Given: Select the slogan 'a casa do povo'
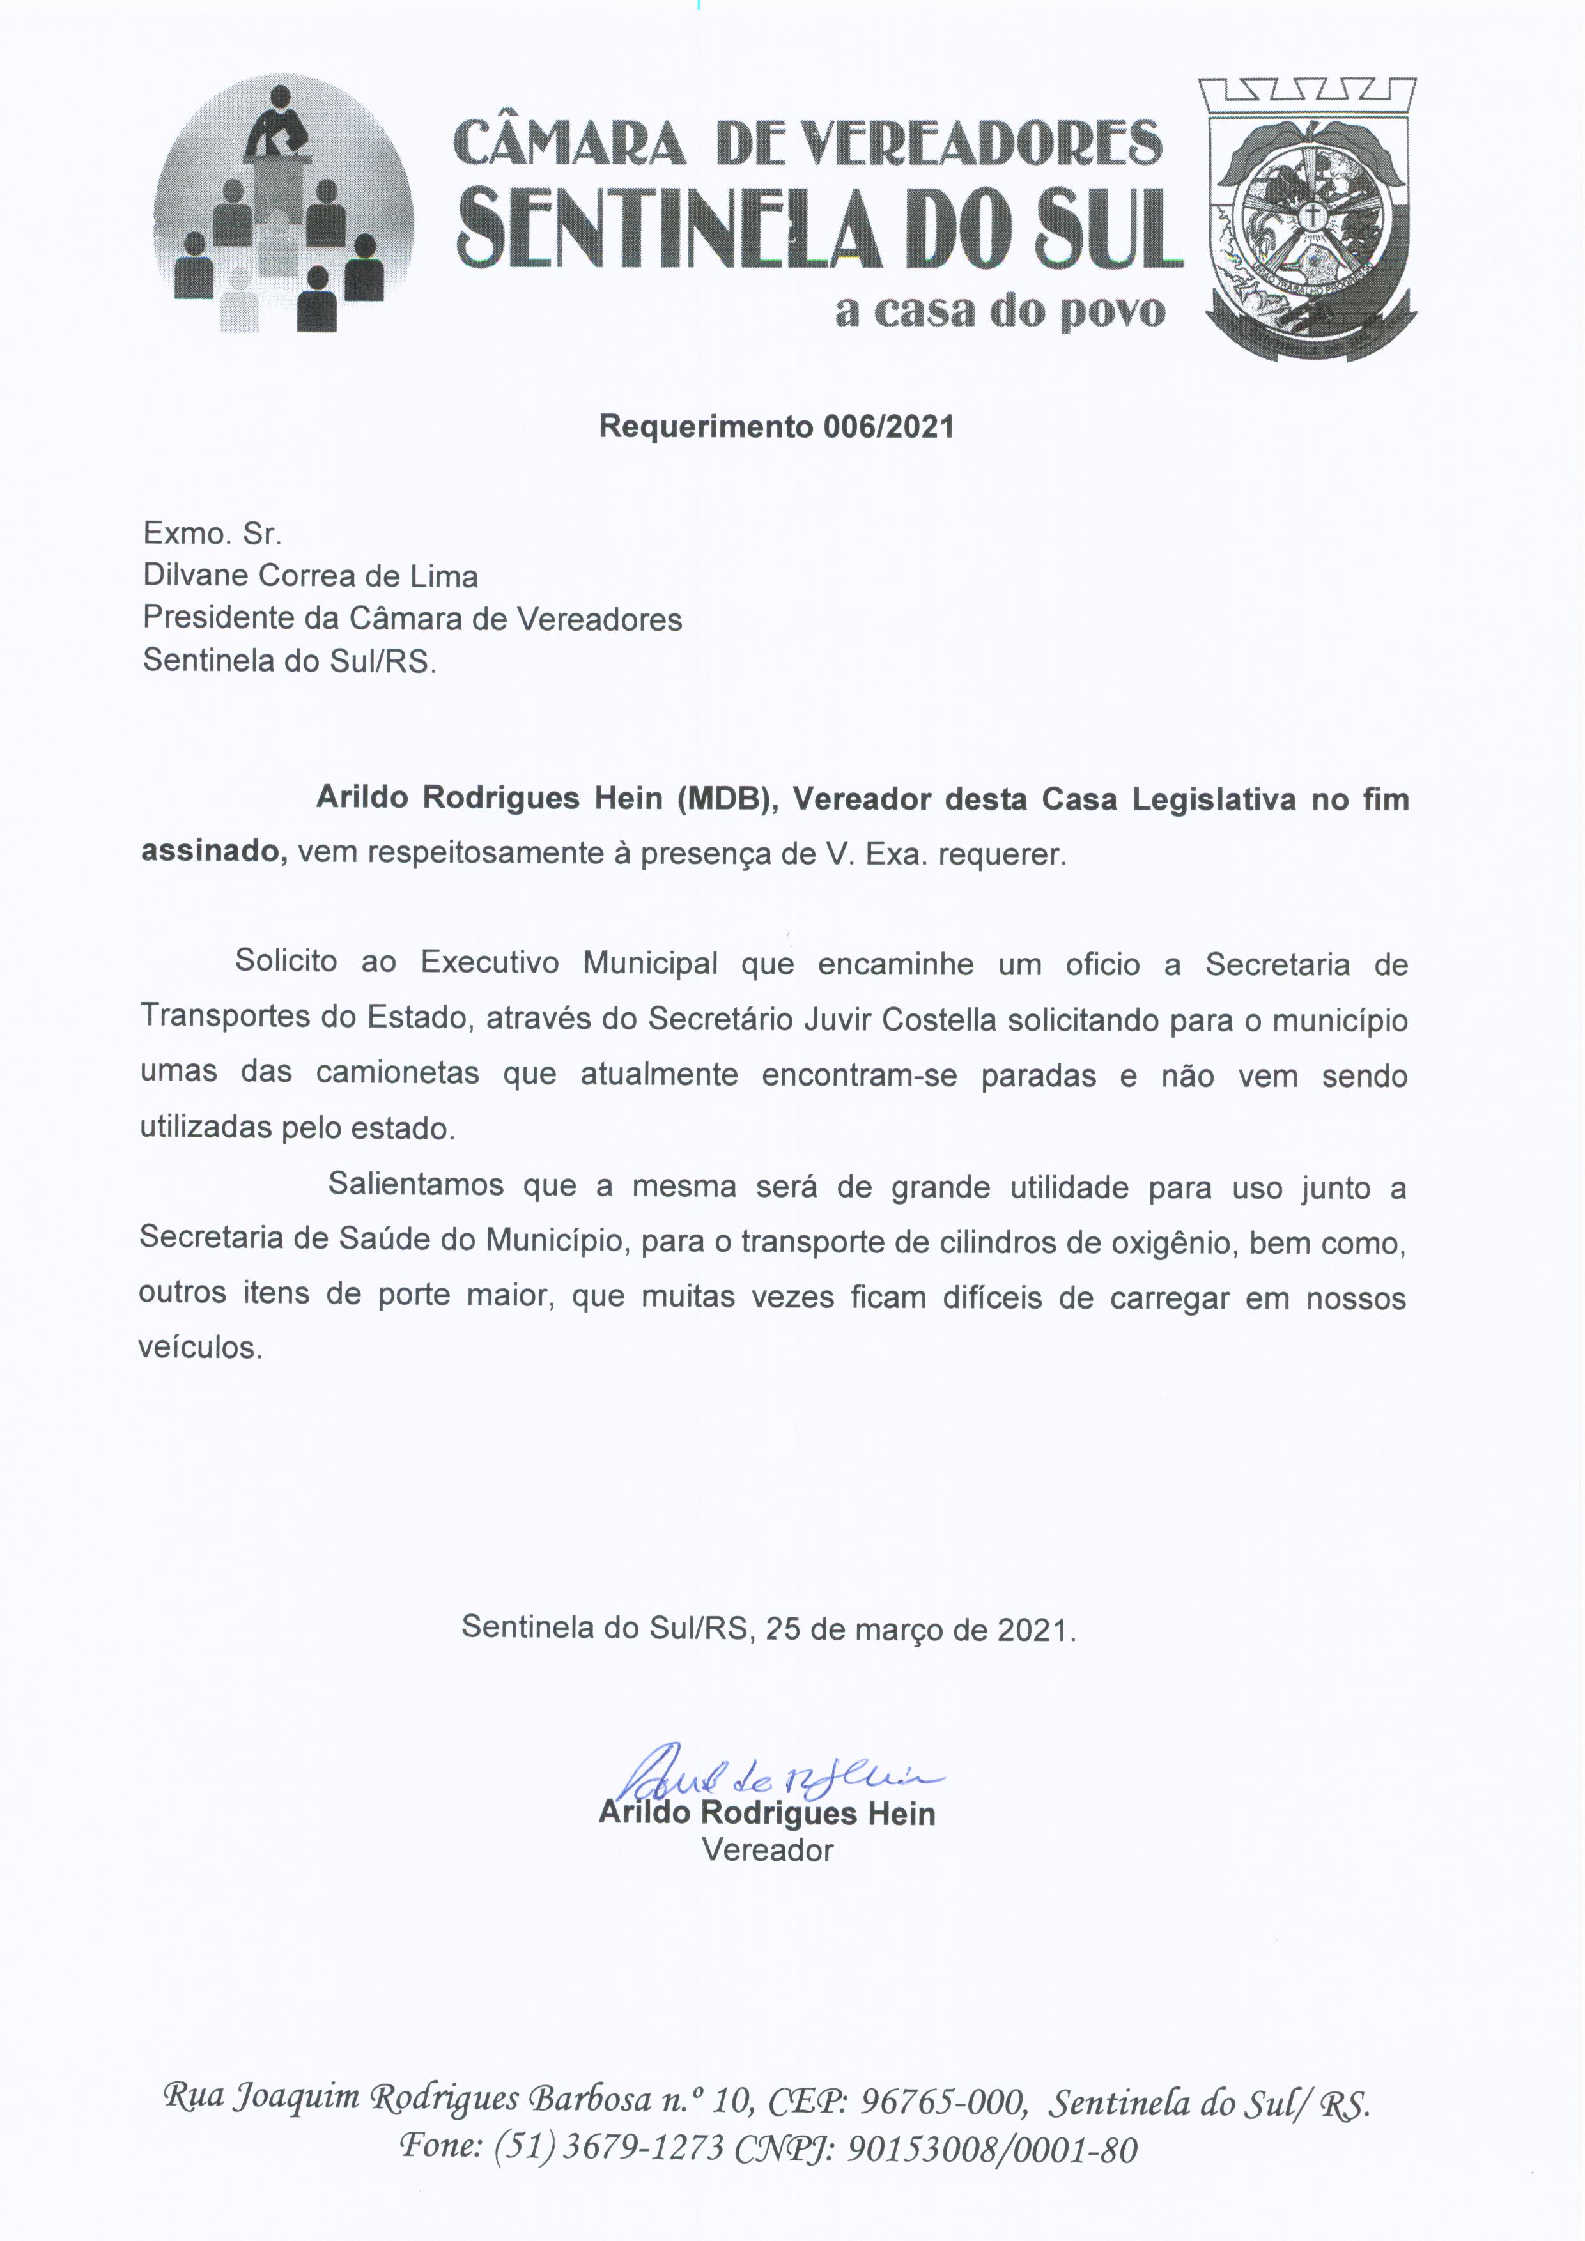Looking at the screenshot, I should [x=1000, y=311].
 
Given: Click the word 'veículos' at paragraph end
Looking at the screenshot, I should [x=200, y=1348].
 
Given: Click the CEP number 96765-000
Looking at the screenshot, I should [x=943, y=2100].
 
